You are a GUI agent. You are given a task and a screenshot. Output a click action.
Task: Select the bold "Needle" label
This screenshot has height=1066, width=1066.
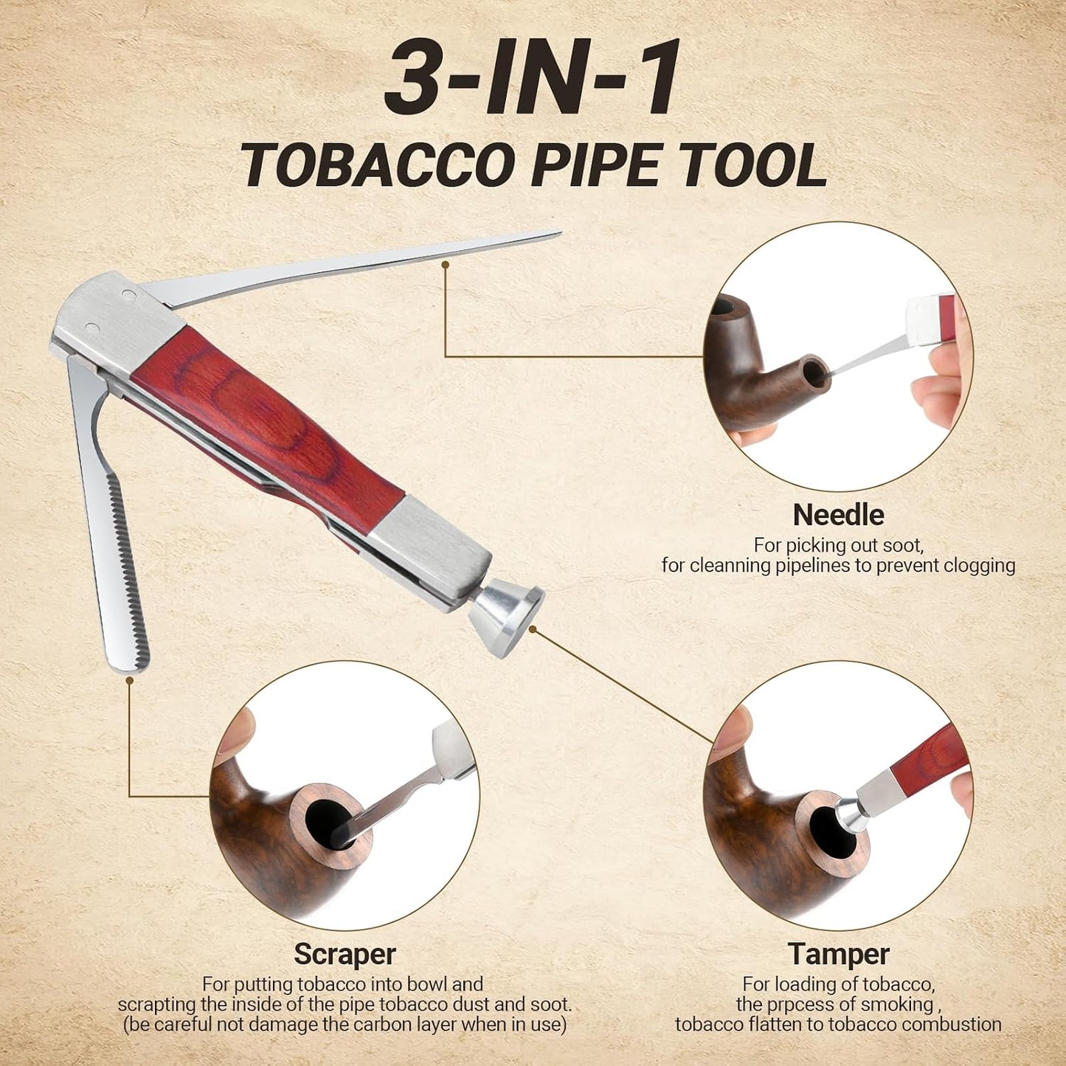[838, 515]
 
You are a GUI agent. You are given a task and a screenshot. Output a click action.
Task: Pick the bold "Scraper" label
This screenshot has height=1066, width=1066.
[345, 892]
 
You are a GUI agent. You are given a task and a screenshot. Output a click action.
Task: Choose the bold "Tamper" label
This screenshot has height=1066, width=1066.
[839, 892]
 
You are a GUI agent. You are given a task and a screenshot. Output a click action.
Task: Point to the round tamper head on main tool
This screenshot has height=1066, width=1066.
[506, 622]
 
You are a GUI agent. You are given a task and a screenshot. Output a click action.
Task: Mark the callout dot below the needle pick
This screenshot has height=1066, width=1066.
[445, 265]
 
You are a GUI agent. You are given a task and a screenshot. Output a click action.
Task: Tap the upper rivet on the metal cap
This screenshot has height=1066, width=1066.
[127, 294]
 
